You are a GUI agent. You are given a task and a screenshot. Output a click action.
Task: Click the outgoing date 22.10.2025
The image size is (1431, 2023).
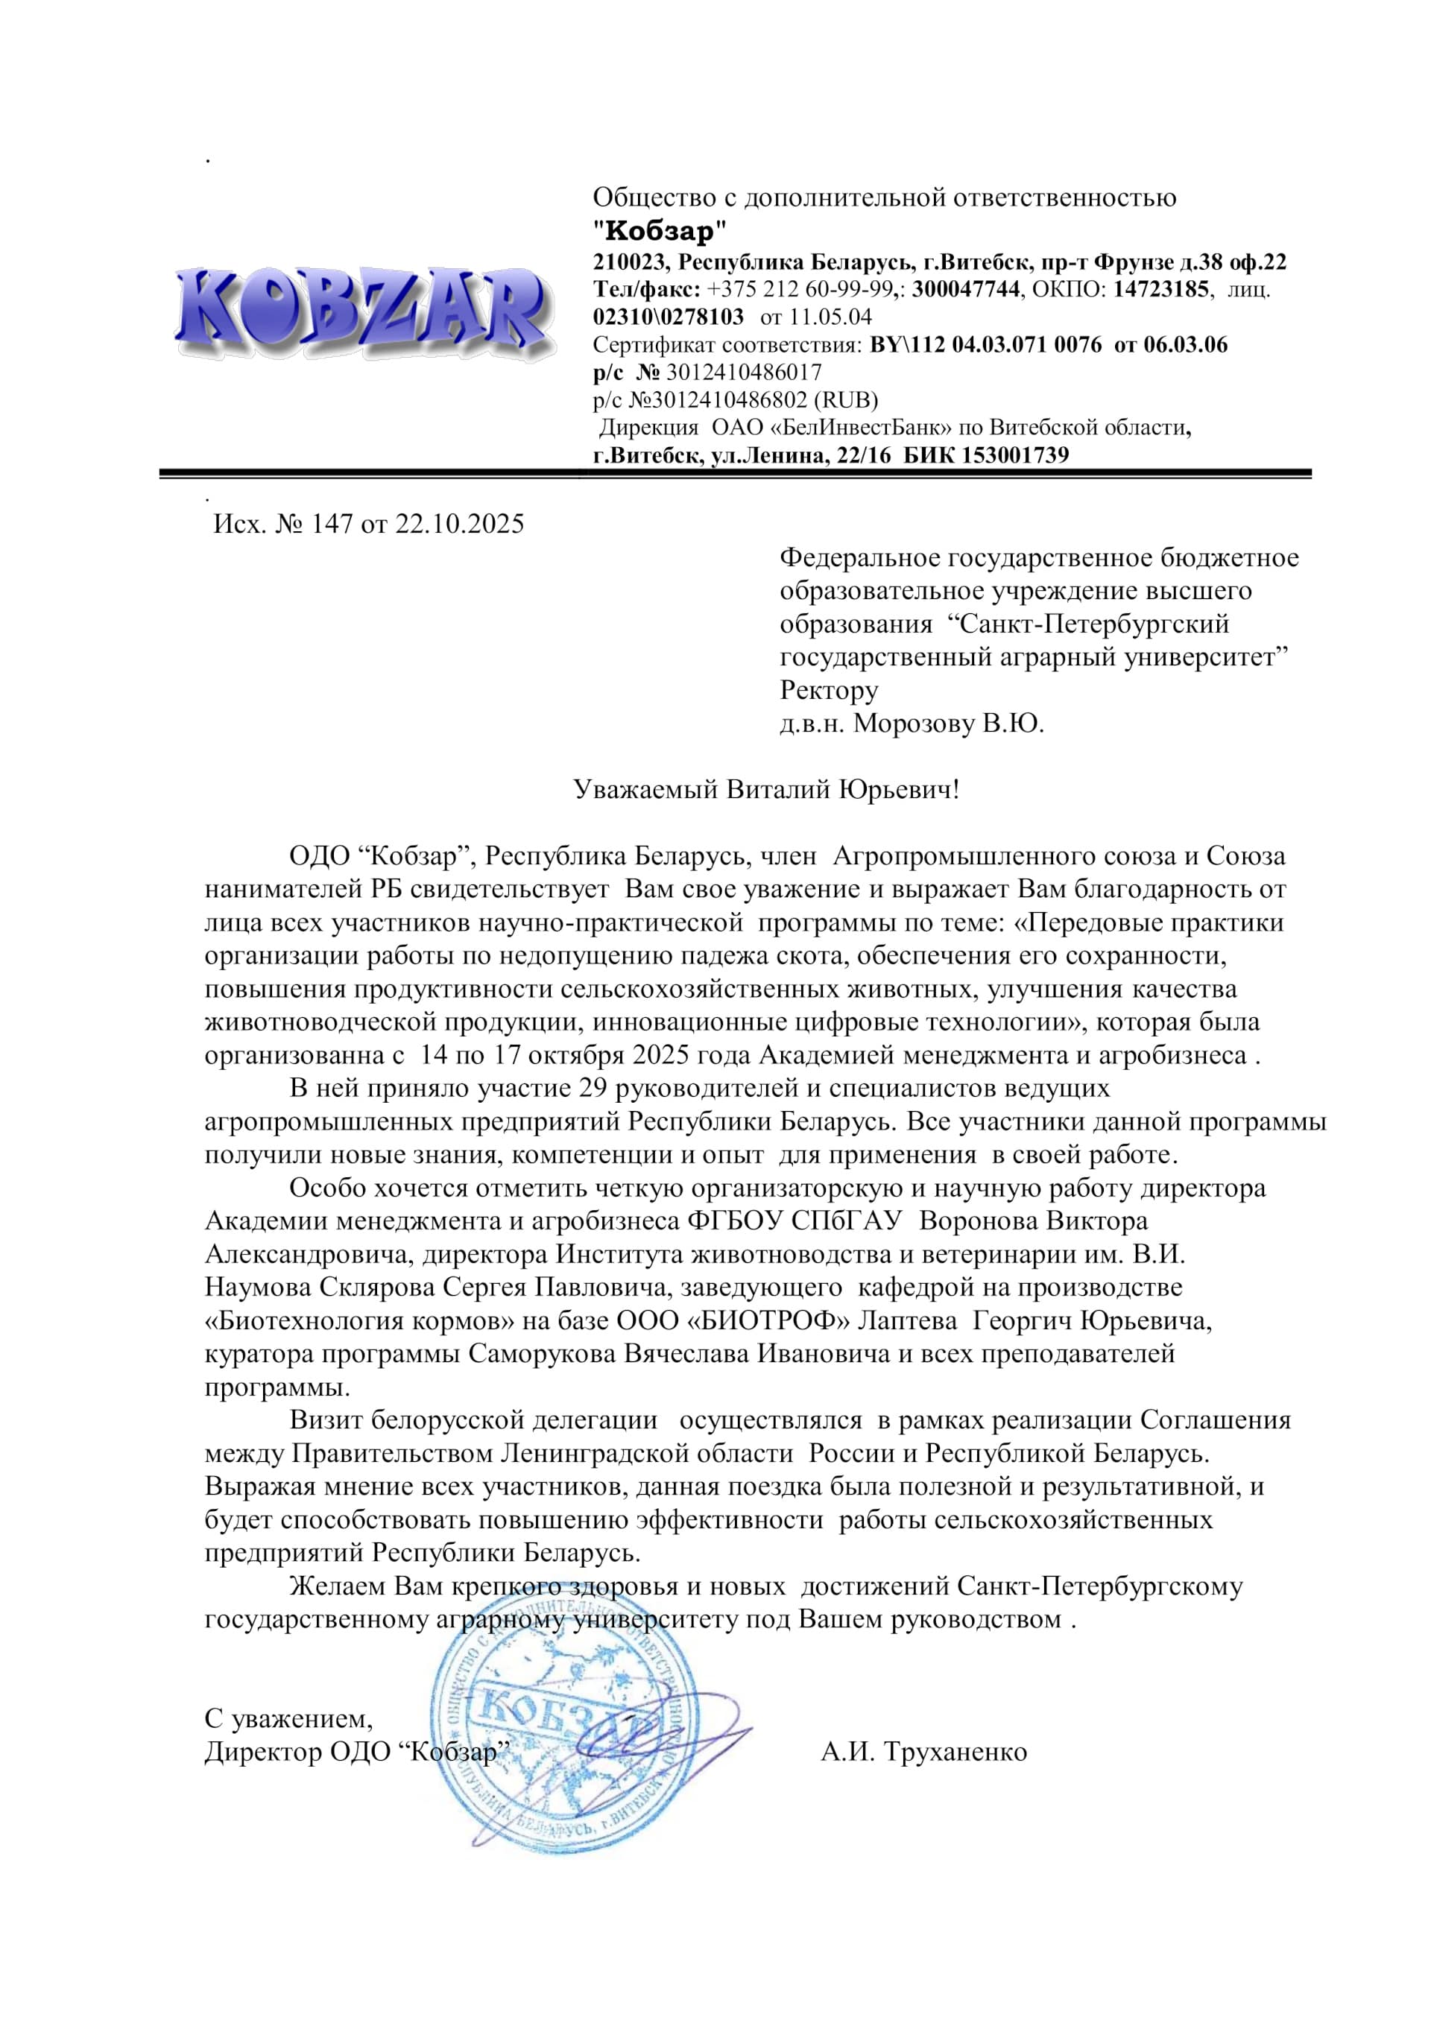tap(459, 525)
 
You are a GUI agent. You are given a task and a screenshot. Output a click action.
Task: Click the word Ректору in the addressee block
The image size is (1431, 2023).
tap(828, 690)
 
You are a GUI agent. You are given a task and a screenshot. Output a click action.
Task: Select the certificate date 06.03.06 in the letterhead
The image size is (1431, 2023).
tap(1185, 344)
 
